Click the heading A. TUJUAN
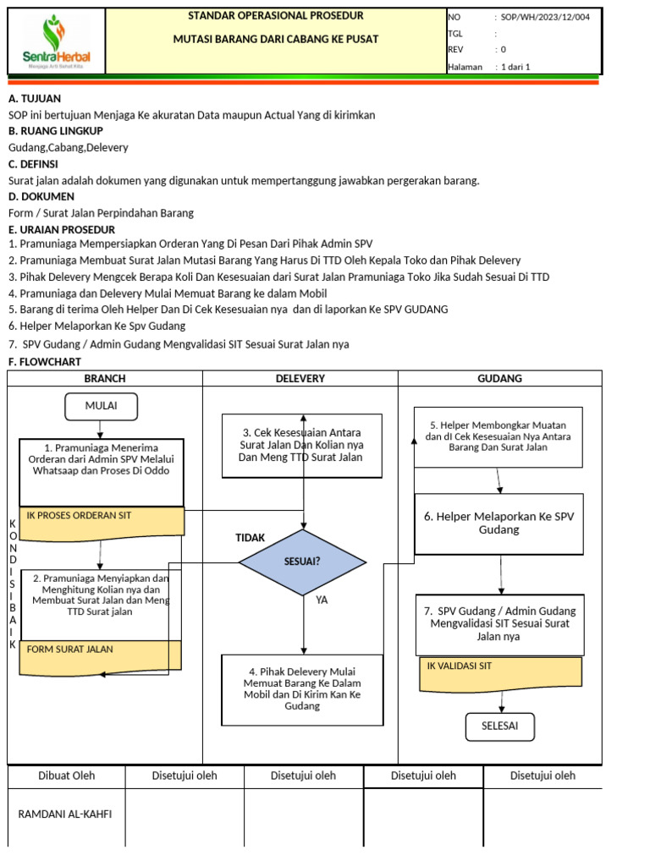pyautogui.click(x=35, y=98)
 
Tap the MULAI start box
pyautogui.click(x=101, y=406)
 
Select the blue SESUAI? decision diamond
pyautogui.click(x=302, y=562)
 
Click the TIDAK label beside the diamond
pyautogui.click(x=250, y=538)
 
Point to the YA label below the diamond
pyautogui.click(x=322, y=600)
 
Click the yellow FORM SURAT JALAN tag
pyautogui.click(x=102, y=656)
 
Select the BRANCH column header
pyautogui.click(x=105, y=379)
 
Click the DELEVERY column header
pyautogui.click(x=300, y=379)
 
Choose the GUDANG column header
pyautogui.click(x=499, y=379)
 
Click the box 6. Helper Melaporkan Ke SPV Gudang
pyautogui.click(x=499, y=523)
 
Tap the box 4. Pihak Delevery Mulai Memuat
pyautogui.click(x=300, y=689)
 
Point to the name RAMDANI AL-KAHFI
pyautogui.click(x=65, y=814)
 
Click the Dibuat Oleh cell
pyautogui.click(x=67, y=776)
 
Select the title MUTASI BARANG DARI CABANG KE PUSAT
pyautogui.click(x=276, y=39)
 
